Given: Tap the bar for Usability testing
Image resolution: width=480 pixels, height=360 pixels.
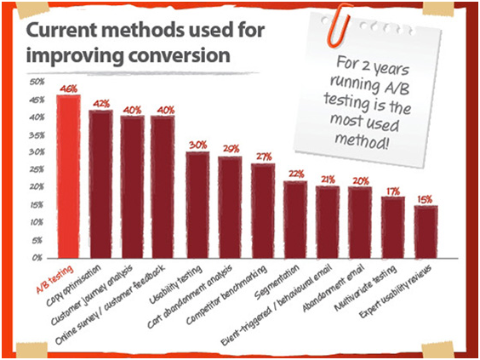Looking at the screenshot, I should click(197, 203).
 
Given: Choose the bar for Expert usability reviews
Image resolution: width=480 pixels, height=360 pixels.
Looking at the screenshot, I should click(426, 230).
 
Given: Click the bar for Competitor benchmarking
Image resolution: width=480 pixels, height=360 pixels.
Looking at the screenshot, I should click(262, 209).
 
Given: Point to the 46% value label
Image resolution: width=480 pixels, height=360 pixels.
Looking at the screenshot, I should click(68, 88).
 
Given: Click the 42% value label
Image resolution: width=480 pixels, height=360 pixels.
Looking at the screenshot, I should click(101, 103).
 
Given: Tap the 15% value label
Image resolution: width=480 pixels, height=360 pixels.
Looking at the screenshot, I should click(426, 199).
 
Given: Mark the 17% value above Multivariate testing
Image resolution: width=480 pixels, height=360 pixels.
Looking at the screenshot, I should click(393, 191).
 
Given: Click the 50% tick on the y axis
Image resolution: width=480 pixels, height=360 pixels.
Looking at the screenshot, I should click(37, 83).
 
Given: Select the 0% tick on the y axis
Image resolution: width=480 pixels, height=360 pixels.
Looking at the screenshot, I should click(38, 256).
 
